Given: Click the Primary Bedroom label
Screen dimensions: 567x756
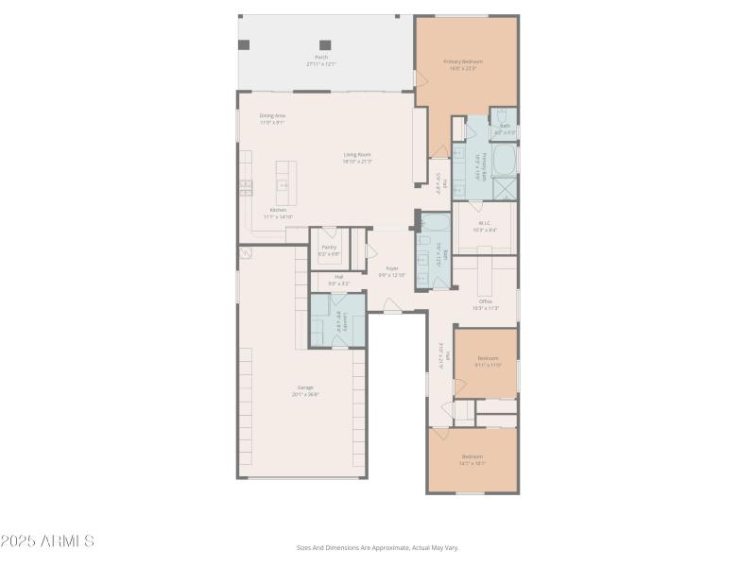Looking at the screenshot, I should coord(463,64).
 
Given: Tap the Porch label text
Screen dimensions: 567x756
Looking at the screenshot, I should coord(321,60).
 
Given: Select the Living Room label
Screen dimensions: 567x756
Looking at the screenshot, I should coord(357,157).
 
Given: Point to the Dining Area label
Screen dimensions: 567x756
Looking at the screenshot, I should coord(272,118).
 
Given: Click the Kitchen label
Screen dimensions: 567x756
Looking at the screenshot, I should coord(278,213).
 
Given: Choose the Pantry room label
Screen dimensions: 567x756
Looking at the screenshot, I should coord(328,249).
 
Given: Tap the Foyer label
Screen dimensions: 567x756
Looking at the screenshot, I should coord(392,270).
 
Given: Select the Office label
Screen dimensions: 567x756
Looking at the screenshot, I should coord(485,304).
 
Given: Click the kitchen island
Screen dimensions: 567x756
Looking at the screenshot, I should coord(285,182).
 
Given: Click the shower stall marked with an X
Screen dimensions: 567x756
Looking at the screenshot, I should coord(506,189).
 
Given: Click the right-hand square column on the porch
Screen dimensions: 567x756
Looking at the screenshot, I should coord(325,44).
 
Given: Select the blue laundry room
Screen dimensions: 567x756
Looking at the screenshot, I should coord(337,321).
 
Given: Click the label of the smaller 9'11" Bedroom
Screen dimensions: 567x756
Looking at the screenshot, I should coord(488,361).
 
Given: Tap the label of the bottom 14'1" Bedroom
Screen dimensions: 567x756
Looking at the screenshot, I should coord(472,459).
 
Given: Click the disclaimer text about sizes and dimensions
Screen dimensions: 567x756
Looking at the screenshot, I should coord(377,547).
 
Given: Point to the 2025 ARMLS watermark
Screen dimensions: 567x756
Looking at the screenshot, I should coord(47,541).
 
